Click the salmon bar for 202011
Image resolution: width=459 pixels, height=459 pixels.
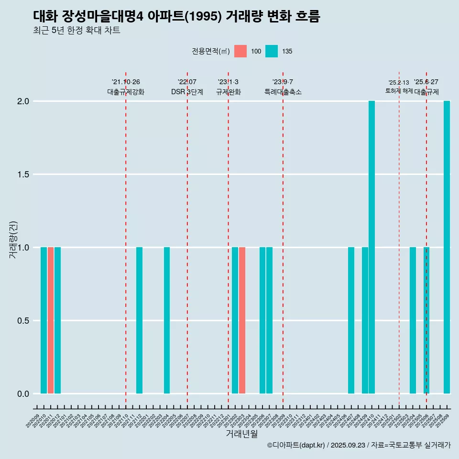point(51,320)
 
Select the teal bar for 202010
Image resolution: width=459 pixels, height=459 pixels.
point(44,320)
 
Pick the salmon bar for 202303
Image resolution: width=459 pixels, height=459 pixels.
point(242,320)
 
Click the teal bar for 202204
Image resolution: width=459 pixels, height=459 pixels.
point(167,320)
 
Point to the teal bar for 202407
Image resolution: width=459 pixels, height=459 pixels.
point(351,320)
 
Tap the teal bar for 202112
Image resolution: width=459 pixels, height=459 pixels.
point(140,320)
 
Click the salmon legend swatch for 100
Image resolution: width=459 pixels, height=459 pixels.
point(240,51)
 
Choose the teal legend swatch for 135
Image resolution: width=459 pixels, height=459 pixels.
point(272,51)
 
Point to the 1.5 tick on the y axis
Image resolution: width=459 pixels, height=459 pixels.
point(23,175)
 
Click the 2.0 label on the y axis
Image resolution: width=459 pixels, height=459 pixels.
point(23,101)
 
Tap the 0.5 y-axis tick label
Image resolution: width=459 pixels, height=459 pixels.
point(23,321)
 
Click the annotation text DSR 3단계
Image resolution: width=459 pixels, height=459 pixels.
point(187,92)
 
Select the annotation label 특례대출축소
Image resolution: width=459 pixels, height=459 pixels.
point(283,92)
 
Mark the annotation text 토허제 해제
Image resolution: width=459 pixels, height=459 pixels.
point(399,91)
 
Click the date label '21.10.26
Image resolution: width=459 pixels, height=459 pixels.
point(126,82)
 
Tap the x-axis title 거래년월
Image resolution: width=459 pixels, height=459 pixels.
point(241,434)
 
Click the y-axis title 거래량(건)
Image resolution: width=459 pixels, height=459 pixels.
point(13,240)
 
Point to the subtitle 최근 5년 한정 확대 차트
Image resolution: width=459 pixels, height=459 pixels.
point(76,31)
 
